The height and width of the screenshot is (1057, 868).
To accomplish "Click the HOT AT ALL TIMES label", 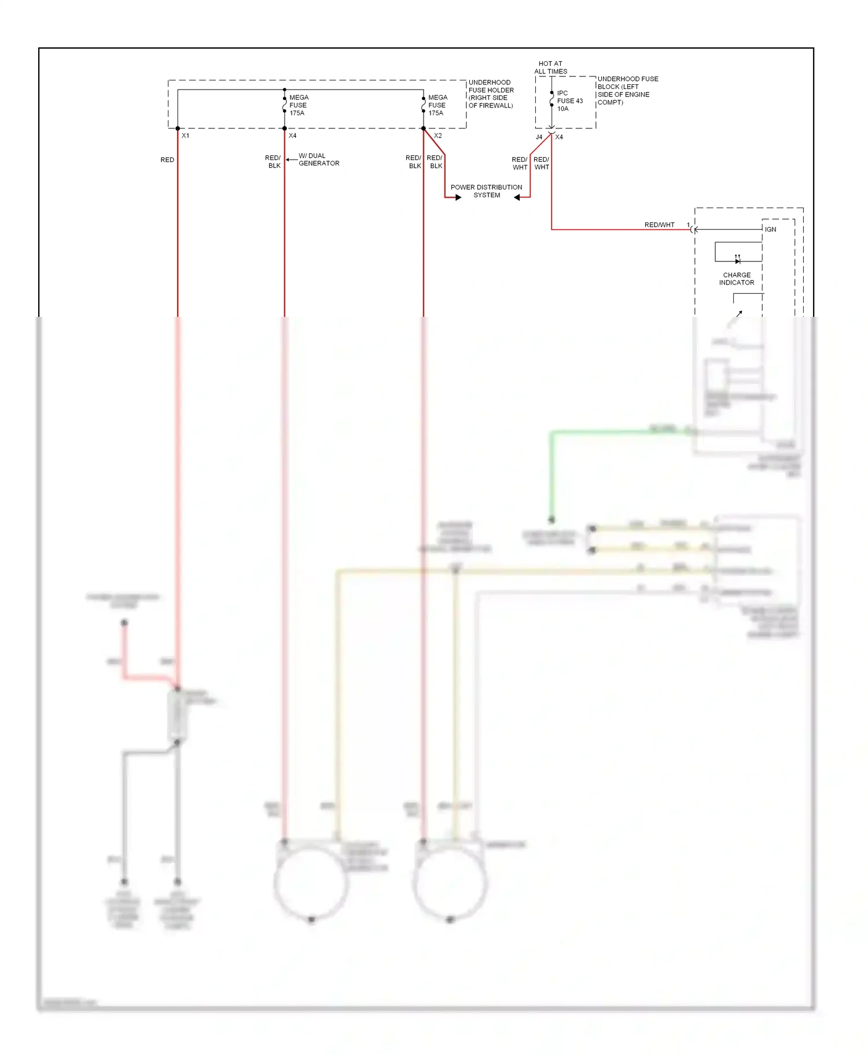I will click(550, 68).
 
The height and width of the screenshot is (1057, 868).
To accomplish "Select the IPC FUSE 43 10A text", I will click(569, 101).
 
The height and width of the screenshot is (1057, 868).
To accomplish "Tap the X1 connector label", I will click(186, 136).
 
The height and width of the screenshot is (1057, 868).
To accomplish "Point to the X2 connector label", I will click(438, 136).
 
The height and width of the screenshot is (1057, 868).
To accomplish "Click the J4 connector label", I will click(539, 138).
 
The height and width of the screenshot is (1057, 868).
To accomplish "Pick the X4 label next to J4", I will click(559, 138).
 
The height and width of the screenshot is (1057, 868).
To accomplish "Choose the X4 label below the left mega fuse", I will click(293, 136).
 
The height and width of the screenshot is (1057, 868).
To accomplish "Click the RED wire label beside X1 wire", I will click(167, 160).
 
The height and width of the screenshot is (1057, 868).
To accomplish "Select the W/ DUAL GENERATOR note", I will click(318, 160).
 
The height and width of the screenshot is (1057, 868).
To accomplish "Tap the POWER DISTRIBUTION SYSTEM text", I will click(486, 191).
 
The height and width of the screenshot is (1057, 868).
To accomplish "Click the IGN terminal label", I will click(770, 230).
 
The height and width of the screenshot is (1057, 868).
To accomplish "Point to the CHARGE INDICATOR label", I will click(737, 279).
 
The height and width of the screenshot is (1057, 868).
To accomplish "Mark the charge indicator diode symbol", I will click(737, 261).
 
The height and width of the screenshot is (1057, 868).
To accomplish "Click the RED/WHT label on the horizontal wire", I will click(659, 225).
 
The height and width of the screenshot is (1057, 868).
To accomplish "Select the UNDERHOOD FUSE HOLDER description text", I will click(491, 94).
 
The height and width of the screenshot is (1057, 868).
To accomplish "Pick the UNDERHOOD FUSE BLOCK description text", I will click(627, 91).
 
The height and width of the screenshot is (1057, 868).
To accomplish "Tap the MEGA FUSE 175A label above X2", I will click(437, 105).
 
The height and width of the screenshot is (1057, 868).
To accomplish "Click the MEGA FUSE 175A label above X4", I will click(299, 105).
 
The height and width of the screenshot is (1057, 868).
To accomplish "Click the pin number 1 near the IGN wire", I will click(688, 225).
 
